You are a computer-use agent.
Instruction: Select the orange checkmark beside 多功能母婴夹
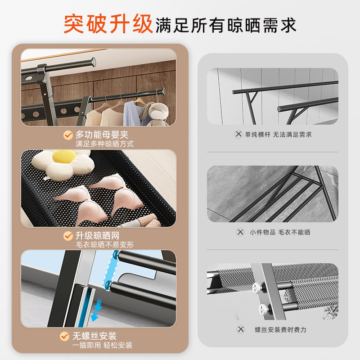[68, 135]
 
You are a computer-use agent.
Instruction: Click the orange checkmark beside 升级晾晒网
[68, 235]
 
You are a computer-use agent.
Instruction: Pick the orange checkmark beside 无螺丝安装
[66, 336]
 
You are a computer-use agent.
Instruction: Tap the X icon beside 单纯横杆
[238, 134]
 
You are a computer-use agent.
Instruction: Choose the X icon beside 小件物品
[240, 232]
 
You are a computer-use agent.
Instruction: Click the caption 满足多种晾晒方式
[104, 144]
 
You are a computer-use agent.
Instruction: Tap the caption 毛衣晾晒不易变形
[104, 245]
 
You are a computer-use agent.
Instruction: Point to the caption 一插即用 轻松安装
[103, 345]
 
